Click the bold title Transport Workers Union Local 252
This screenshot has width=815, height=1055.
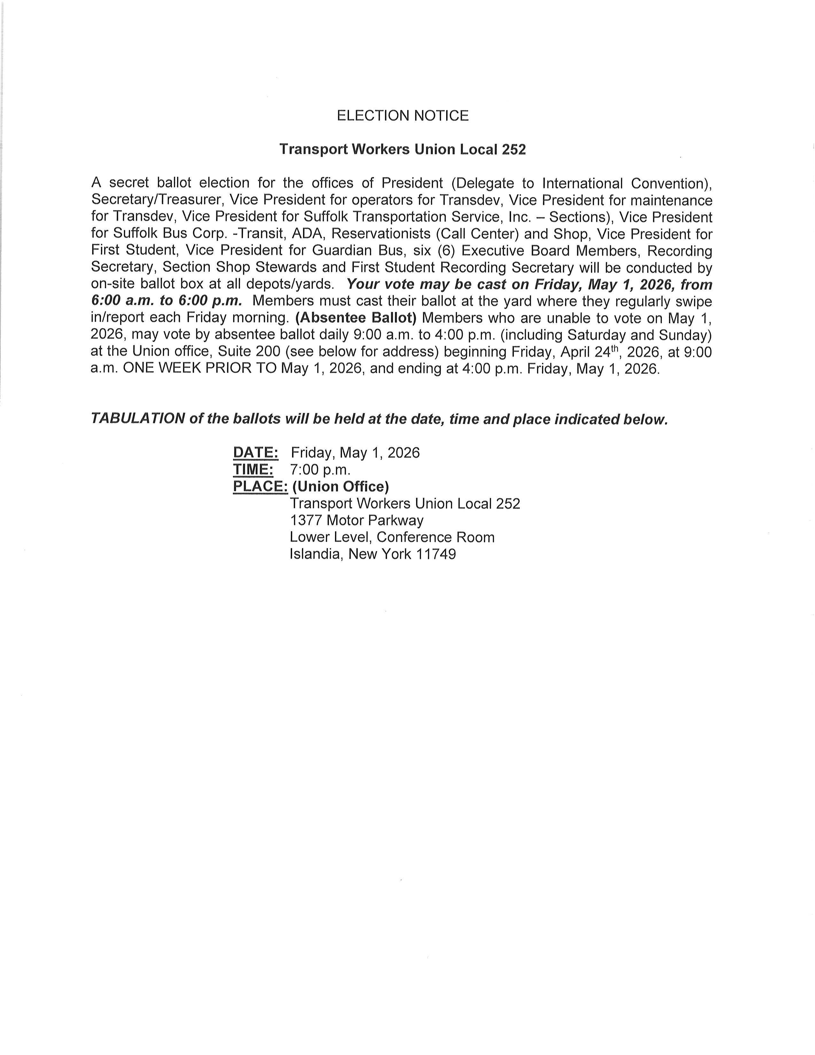[403, 150]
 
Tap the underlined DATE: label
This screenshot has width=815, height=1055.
[255, 453]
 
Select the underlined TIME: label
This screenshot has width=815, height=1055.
[253, 470]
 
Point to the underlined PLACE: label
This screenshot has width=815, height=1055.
[260, 487]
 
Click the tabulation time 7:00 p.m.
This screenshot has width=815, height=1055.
[320, 470]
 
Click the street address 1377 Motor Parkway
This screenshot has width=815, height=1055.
[356, 520]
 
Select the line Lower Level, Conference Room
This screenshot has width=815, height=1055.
[392, 537]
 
